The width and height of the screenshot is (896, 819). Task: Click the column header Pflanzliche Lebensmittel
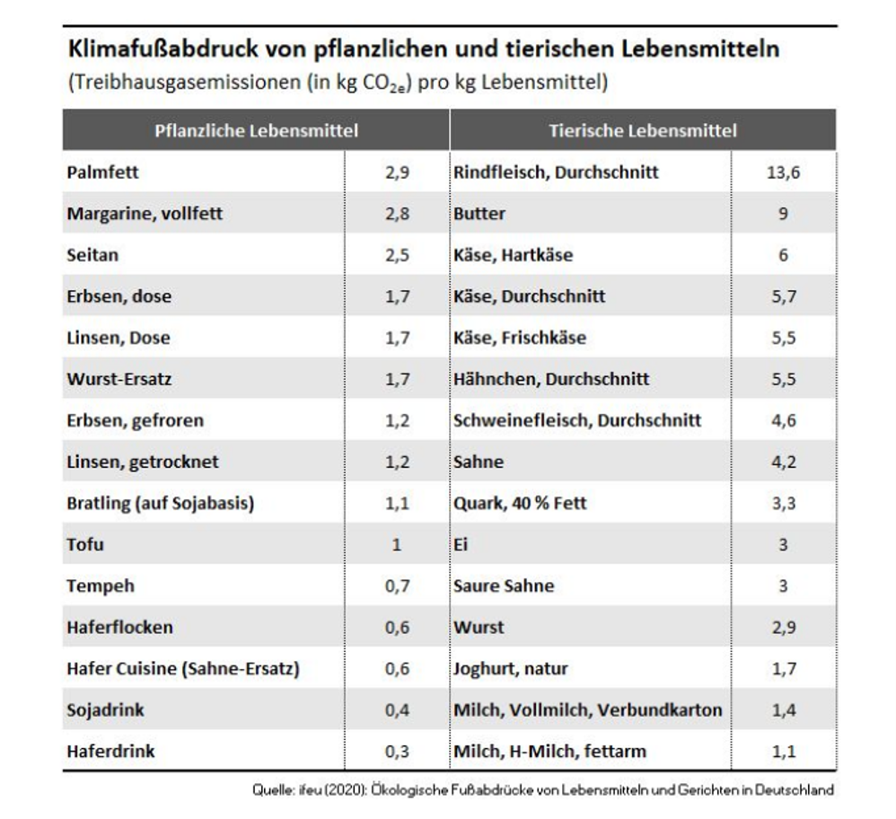coord(256,130)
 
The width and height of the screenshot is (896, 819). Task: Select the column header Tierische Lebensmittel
coord(643,130)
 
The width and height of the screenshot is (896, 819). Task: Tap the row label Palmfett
coord(102,172)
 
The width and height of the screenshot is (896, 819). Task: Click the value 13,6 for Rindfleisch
coord(783,172)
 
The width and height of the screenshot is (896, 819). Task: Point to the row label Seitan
coord(92,255)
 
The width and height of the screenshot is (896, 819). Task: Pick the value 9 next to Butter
coord(783,214)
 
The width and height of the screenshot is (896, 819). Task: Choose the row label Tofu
coord(84,544)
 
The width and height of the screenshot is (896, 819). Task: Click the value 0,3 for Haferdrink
coord(397,751)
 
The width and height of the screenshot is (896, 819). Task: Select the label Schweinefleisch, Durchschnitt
coord(577,420)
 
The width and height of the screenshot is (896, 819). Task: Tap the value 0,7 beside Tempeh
coord(397,586)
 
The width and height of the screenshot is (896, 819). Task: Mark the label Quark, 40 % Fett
coord(520,503)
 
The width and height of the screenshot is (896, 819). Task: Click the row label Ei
coord(461,544)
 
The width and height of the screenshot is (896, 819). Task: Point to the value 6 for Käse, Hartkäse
coord(783,255)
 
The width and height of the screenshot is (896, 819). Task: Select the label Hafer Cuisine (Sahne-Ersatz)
coord(182,668)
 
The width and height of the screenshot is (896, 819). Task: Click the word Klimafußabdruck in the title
coord(146,49)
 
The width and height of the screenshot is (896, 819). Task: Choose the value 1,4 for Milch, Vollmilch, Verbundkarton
coord(783,709)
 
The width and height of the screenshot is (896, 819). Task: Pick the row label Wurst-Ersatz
coord(119,379)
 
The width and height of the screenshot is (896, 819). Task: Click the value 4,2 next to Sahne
coord(783,462)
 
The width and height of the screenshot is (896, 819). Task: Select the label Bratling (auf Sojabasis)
coord(160,503)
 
